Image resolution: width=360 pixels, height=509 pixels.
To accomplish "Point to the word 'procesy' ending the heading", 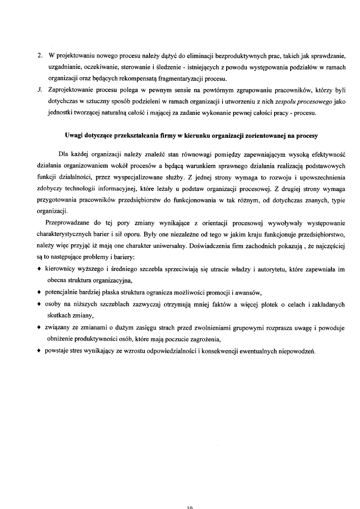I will point(308,135).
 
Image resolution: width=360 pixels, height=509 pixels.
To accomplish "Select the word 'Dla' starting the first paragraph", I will point(63,154).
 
